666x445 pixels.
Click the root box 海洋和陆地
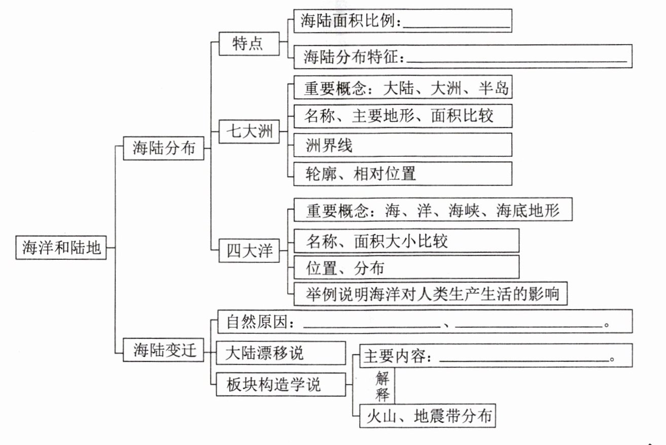(x=61, y=248)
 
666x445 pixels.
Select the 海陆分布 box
(x=164, y=148)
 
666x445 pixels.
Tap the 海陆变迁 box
(x=164, y=350)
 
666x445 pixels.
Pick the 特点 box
(x=249, y=44)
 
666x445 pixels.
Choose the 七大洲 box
(x=249, y=132)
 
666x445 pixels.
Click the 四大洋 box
(x=249, y=251)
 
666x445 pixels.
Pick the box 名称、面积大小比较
(x=406, y=241)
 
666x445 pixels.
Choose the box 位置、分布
(x=406, y=267)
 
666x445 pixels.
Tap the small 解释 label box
(x=382, y=386)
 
